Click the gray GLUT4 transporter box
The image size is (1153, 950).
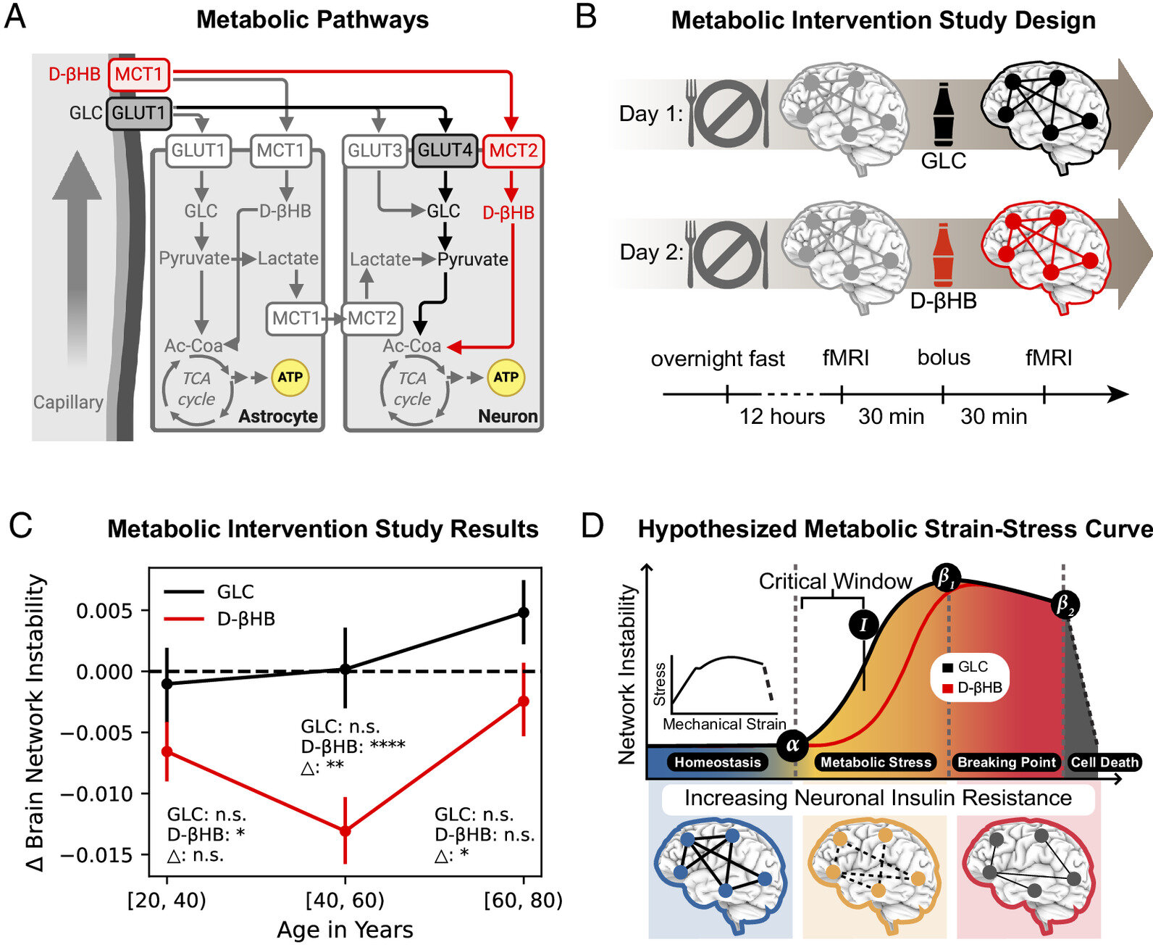[445, 150]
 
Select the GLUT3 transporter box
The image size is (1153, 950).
[375, 150]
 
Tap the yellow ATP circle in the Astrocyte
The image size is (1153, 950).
[290, 378]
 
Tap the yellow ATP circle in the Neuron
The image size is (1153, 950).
[506, 378]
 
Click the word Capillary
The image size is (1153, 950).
[68, 402]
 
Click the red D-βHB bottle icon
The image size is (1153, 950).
[943, 254]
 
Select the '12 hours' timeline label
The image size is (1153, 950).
[782, 416]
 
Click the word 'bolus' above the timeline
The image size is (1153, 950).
[944, 357]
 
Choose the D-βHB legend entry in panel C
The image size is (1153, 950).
[219, 618]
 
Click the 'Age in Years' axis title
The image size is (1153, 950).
[345, 930]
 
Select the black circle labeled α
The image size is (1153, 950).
[792, 745]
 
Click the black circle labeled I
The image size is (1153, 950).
[863, 625]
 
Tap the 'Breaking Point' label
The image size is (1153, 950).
[1006, 762]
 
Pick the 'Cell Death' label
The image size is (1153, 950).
[1104, 762]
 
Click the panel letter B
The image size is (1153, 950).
[586, 17]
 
